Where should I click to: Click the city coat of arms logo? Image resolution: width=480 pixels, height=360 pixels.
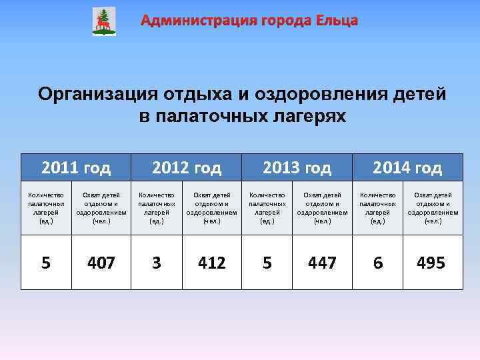click(x=103, y=21)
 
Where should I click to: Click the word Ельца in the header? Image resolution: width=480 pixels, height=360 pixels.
click(x=337, y=21)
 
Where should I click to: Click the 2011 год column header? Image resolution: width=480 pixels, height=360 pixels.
click(x=76, y=167)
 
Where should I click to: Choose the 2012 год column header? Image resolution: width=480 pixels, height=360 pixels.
click(x=187, y=167)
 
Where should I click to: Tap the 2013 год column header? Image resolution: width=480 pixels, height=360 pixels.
click(x=297, y=167)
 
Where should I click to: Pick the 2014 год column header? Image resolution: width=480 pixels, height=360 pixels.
click(x=407, y=167)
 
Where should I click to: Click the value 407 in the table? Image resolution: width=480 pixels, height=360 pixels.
click(x=101, y=263)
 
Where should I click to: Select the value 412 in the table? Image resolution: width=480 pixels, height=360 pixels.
click(x=211, y=263)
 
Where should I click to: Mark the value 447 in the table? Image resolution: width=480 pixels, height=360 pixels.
click(x=322, y=263)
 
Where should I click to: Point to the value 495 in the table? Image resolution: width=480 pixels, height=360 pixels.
click(x=431, y=263)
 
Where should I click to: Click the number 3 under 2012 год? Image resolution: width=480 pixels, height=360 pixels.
click(x=157, y=263)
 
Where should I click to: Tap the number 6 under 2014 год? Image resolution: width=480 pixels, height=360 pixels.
click(x=378, y=263)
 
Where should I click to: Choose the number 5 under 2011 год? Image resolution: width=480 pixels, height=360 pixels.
click(x=46, y=263)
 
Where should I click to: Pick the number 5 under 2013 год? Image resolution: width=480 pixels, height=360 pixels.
click(x=267, y=263)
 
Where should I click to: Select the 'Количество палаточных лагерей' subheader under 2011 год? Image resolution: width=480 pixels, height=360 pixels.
click(x=46, y=207)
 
